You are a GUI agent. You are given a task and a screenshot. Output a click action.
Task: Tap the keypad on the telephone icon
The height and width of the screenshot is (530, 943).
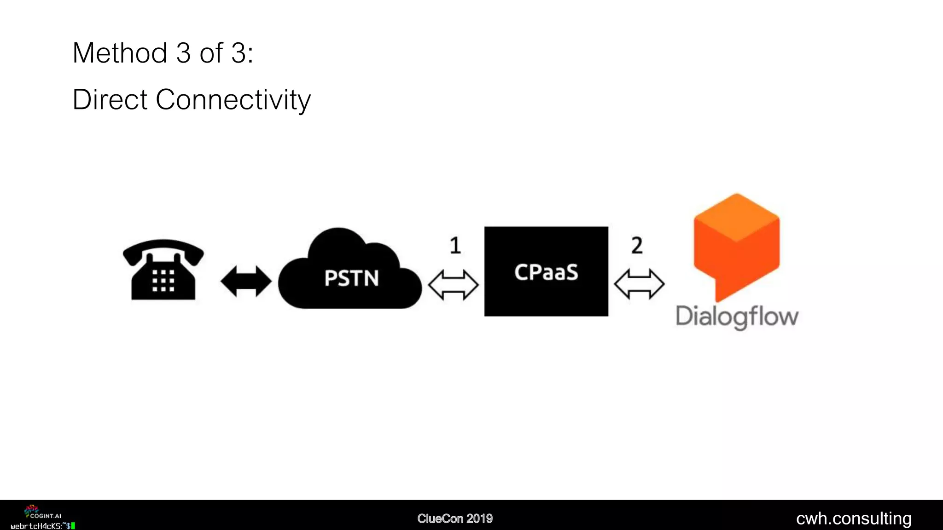click(x=163, y=281)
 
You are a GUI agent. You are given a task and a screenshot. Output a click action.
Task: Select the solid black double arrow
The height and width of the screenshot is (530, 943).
click(x=246, y=281)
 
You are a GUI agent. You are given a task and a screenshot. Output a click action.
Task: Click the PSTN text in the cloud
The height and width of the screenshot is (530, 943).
click(x=351, y=278)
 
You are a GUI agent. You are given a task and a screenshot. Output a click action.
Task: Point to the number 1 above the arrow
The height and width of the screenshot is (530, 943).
click(x=455, y=246)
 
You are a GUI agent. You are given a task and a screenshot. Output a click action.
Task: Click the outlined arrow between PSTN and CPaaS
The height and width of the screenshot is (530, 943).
click(x=454, y=285)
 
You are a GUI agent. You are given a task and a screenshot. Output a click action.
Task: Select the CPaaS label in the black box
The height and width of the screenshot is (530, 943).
click(x=546, y=272)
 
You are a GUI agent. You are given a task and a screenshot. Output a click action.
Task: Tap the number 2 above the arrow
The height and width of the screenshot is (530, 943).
click(x=637, y=246)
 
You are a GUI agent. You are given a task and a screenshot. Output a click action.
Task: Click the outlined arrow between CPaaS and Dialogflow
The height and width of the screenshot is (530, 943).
click(x=639, y=284)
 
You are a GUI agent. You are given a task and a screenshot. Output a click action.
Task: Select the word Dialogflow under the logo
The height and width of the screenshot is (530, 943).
click(x=737, y=317)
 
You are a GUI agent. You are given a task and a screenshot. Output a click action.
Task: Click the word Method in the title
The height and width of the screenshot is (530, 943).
click(x=120, y=53)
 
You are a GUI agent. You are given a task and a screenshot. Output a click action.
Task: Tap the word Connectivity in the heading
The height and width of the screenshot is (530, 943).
click(x=233, y=99)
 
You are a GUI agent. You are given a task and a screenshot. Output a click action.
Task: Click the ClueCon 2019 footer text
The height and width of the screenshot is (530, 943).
click(x=455, y=518)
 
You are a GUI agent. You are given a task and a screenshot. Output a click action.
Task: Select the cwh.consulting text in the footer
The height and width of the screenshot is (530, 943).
click(x=854, y=518)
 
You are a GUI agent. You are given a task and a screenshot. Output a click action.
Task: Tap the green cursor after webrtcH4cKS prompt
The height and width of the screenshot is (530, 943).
click(x=73, y=526)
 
